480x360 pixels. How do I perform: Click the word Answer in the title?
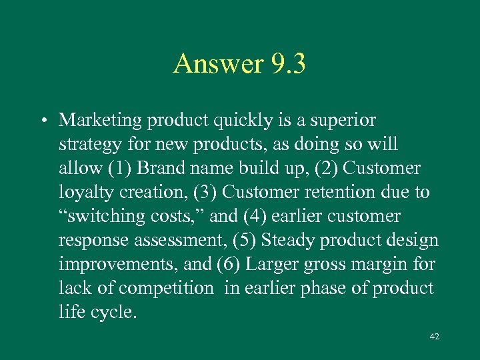219,64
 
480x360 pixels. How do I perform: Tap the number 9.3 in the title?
288,64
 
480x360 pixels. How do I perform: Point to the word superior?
343,120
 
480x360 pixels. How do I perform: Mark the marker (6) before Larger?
229,265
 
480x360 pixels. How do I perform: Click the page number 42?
435,337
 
